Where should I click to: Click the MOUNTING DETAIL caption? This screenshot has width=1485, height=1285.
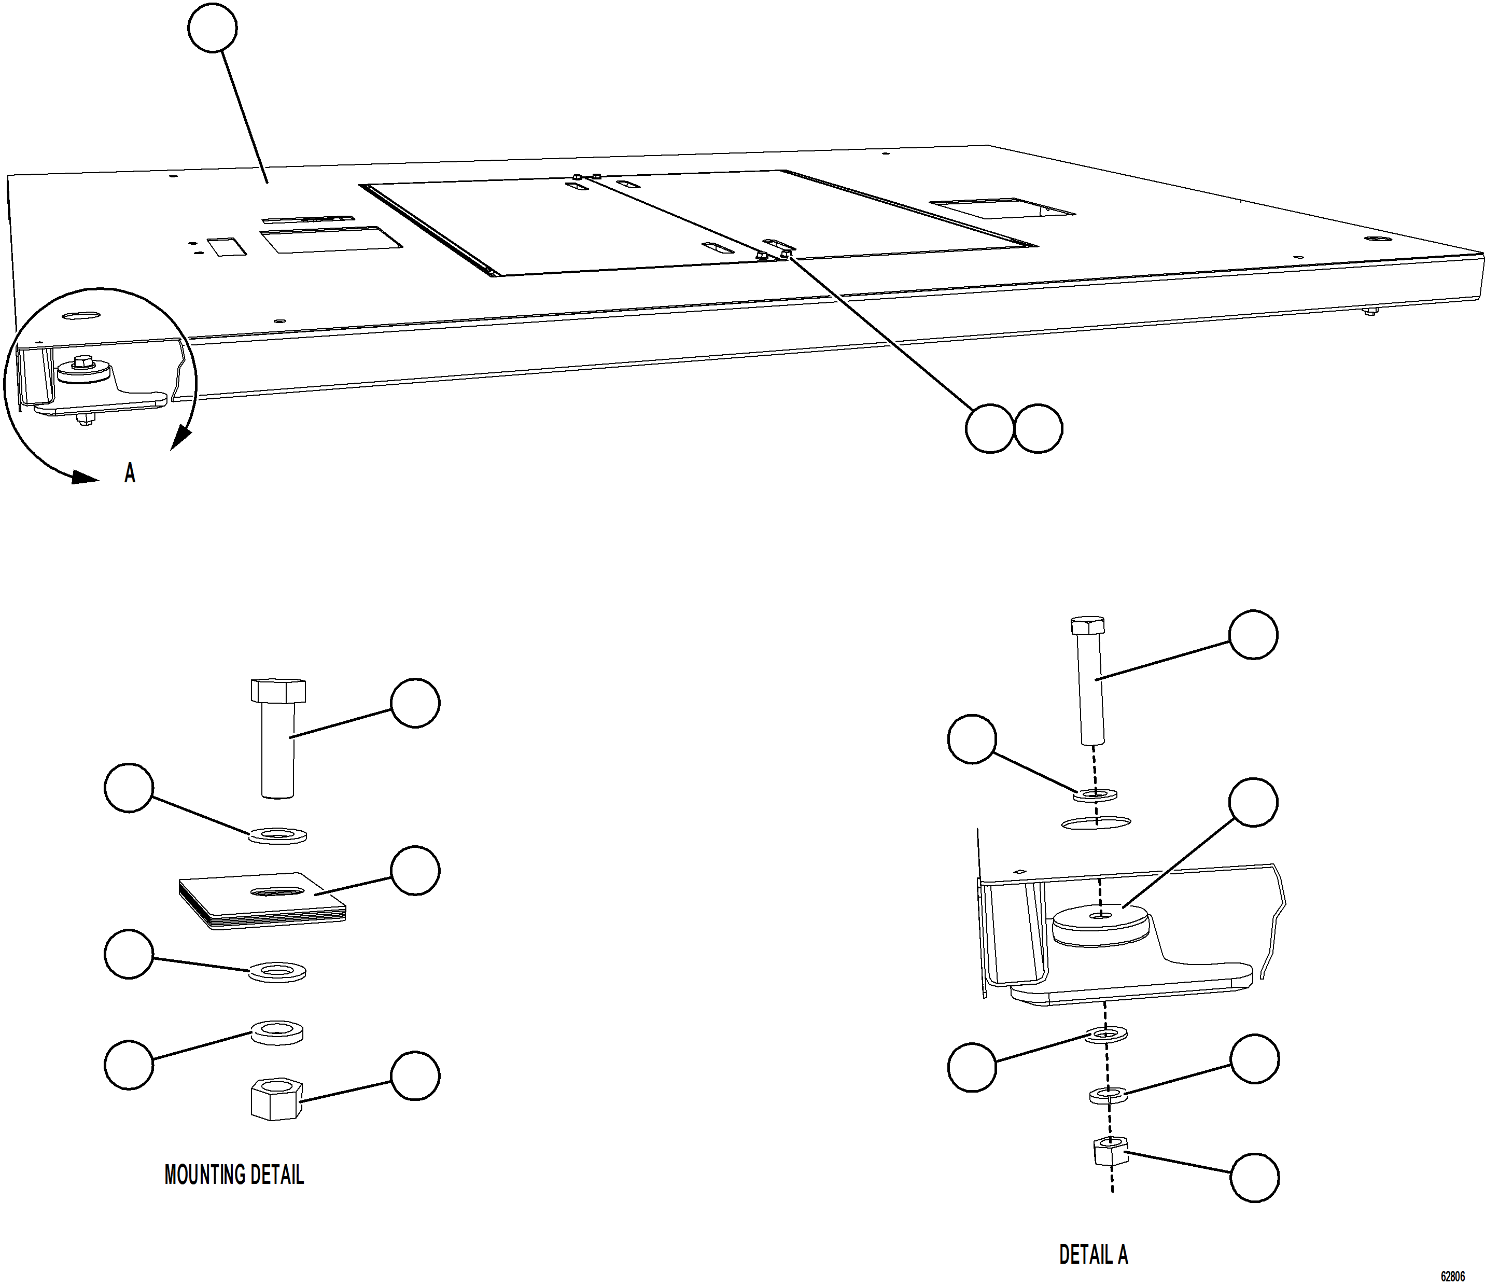(x=234, y=1175)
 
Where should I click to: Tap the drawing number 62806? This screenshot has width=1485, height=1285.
(x=1453, y=1276)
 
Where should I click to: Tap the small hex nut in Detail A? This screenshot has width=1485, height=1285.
(x=1110, y=1152)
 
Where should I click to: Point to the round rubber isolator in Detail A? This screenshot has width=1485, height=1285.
(x=1101, y=925)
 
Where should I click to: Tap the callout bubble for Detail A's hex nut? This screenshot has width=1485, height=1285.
(x=1254, y=1178)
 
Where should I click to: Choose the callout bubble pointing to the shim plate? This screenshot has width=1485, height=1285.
(x=415, y=871)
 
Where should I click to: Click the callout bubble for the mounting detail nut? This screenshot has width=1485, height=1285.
(x=415, y=1076)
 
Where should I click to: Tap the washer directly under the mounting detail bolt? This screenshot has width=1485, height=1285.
(x=277, y=835)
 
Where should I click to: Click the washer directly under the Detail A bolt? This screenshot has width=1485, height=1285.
(x=1096, y=794)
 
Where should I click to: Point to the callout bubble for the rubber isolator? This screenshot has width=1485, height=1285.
(x=1253, y=802)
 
